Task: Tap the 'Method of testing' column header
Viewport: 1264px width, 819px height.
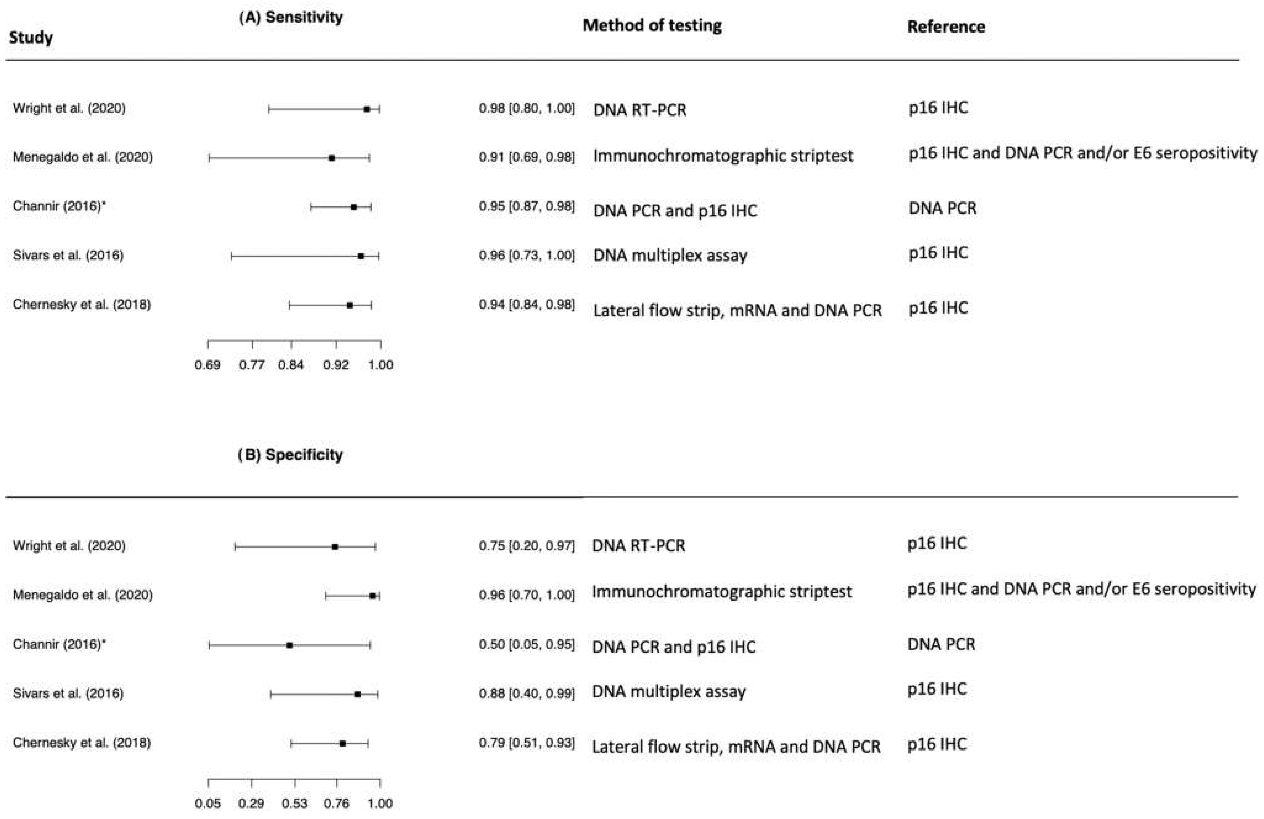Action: coord(652,26)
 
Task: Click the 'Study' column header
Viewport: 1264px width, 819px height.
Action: coord(31,38)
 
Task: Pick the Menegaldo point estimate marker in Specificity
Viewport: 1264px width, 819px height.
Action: coord(372,596)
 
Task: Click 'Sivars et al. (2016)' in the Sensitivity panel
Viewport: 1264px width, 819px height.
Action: coord(68,255)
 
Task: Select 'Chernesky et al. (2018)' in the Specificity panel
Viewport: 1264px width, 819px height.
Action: coord(82,743)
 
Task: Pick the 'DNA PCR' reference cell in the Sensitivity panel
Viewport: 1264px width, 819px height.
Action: coord(942,208)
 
